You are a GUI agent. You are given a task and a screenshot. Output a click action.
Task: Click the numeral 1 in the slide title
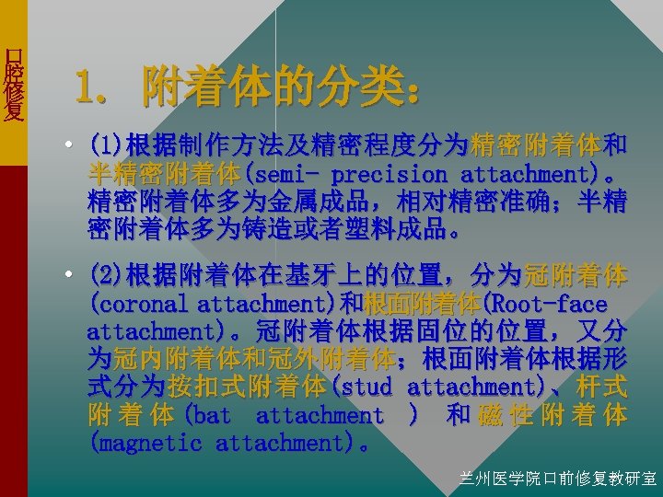click(x=84, y=89)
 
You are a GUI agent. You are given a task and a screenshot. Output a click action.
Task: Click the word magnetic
click(x=151, y=444)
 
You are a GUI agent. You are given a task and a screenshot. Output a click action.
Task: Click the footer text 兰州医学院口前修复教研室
click(x=558, y=478)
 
